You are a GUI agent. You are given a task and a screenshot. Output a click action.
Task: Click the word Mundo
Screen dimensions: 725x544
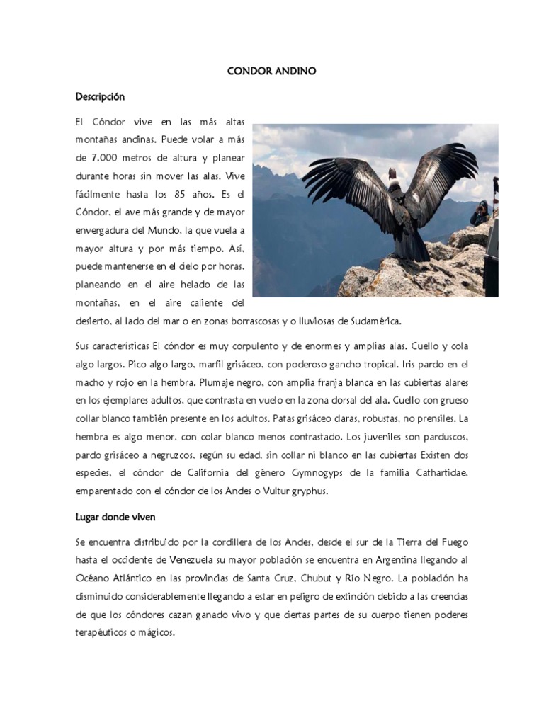click(x=165, y=229)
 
